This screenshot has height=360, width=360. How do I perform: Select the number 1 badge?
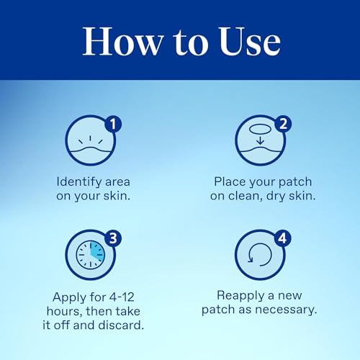(x=112, y=124)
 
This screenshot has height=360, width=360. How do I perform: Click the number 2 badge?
(x=282, y=124)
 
